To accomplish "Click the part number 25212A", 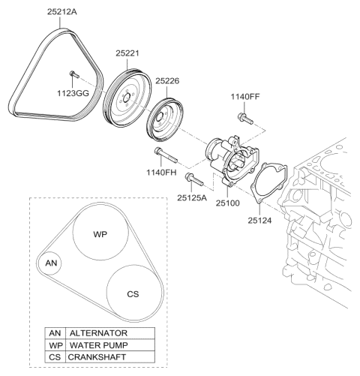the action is (62, 12).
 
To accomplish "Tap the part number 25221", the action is (127, 53).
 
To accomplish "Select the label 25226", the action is (167, 81).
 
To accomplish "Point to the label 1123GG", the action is (73, 93).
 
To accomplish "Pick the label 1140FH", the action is (161, 173).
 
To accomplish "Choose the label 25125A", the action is (192, 197).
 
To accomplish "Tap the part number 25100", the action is (228, 203).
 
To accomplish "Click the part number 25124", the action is (259, 221).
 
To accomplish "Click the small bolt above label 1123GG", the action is (74, 74).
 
